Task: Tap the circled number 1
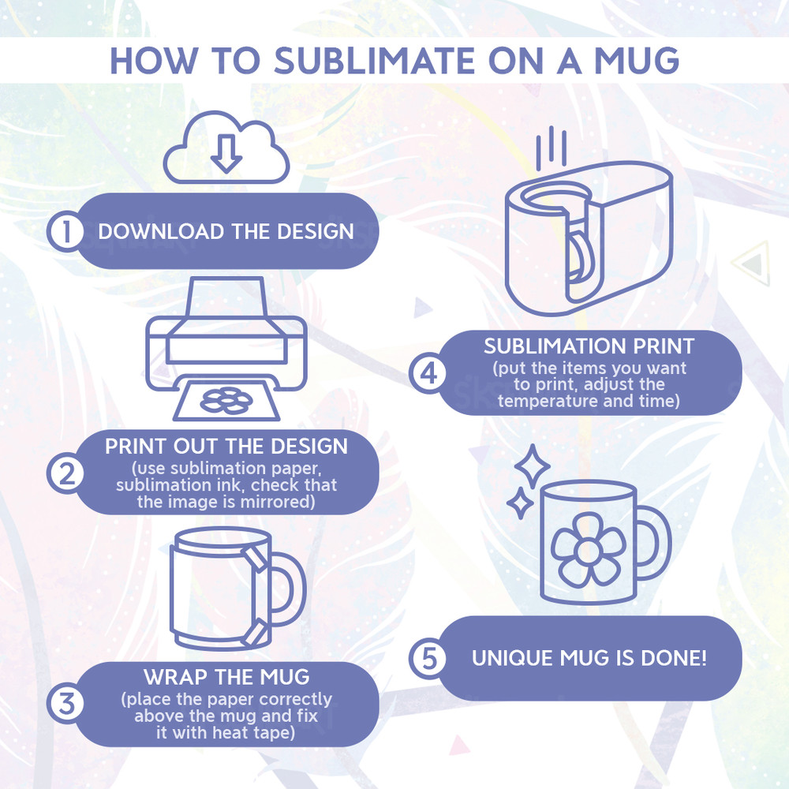(66, 231)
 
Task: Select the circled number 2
(66, 473)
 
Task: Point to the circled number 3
(66, 704)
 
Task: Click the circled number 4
(428, 373)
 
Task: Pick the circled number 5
(428, 658)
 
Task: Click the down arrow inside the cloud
(226, 154)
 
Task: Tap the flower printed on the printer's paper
(226, 401)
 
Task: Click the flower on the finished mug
(589, 549)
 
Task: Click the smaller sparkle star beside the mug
(520, 503)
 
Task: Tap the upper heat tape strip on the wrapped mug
(256, 559)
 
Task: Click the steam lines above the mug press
(551, 148)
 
